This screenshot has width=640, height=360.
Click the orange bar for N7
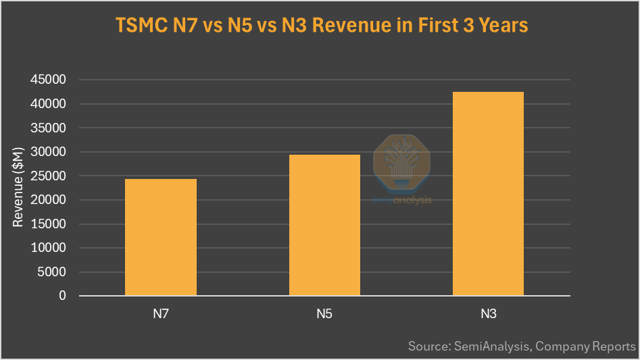[161, 237]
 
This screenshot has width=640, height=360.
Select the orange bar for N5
[324, 225]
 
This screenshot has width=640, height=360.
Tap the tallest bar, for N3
[488, 194]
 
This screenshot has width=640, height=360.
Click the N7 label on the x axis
[161, 313]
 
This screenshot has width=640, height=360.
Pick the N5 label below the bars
[324, 313]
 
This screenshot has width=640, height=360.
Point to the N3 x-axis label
[488, 313]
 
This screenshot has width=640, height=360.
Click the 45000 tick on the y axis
[49, 80]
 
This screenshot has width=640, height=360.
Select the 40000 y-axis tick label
[49, 104]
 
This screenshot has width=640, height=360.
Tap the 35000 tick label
[49, 128]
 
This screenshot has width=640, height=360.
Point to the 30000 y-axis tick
[49, 152]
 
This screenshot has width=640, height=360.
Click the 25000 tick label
[49, 176]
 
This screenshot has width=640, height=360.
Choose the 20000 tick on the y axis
[49, 200]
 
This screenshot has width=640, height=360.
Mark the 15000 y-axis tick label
[49, 224]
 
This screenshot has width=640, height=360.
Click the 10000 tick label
[49, 248]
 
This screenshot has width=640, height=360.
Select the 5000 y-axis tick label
[53, 272]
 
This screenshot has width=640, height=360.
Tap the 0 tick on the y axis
[63, 296]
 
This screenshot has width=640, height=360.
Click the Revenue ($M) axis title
[18, 187]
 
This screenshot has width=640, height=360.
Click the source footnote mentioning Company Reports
[522, 346]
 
